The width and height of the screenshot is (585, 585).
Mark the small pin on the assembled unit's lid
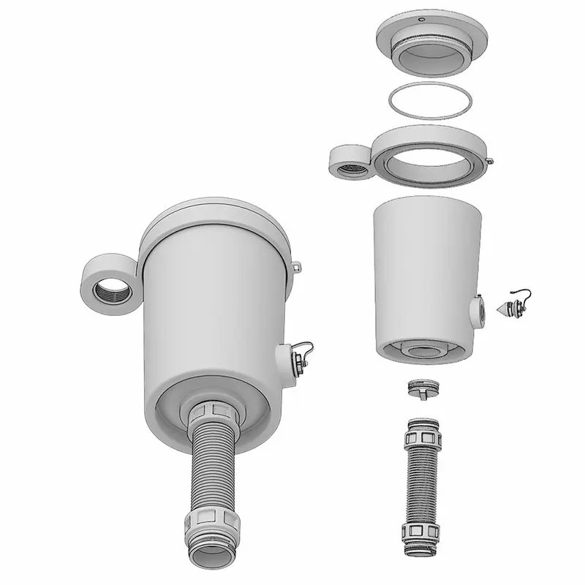coord(296,268)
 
